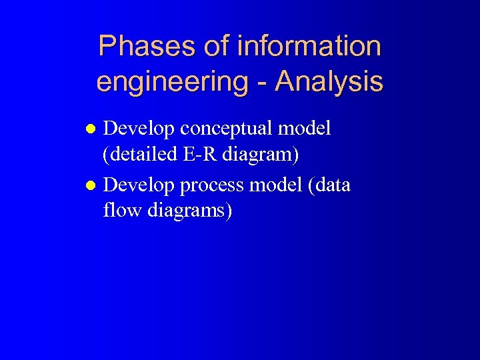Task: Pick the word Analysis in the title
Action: click(x=329, y=82)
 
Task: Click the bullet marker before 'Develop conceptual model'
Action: click(x=94, y=129)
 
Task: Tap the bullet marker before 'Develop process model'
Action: click(x=94, y=185)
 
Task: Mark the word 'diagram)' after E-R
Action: click(x=261, y=156)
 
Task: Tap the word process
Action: click(x=213, y=185)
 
